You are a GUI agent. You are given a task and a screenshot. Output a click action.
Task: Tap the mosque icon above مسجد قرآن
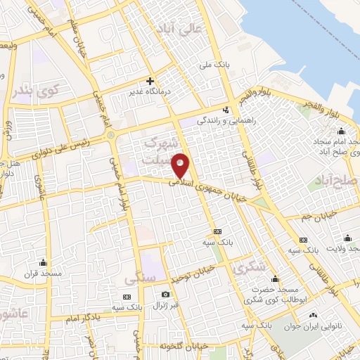pyautogui.click(x=44, y=263)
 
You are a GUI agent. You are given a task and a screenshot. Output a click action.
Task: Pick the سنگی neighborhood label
pyautogui.click(x=139, y=279)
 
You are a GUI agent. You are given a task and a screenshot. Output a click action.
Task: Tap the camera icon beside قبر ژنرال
pyautogui.click(x=166, y=295)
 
